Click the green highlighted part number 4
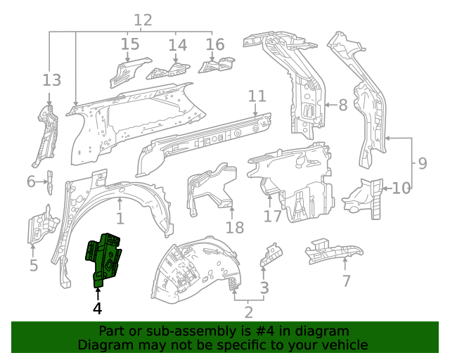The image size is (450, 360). pyautogui.click(x=103, y=257)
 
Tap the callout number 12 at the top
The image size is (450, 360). pyautogui.click(x=143, y=20)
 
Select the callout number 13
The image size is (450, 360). pyautogui.click(x=51, y=79)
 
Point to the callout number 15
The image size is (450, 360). pyautogui.click(x=129, y=45)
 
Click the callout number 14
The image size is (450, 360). pyautogui.click(x=177, y=45)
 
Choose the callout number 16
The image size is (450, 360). pyautogui.click(x=215, y=45)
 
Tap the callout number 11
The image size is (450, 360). pyautogui.click(x=257, y=96)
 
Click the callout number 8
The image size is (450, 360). pyautogui.click(x=343, y=105)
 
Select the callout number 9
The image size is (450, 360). pyautogui.click(x=422, y=164)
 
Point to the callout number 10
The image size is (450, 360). pyautogui.click(x=401, y=188)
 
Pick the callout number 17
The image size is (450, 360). pyautogui.click(x=272, y=217)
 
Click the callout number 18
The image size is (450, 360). pyautogui.click(x=234, y=227)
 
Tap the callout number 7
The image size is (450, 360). pyautogui.click(x=346, y=281)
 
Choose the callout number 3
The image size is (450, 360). pyautogui.click(x=264, y=287)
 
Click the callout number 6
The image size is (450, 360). pyautogui.click(x=31, y=182)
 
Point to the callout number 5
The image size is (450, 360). pyautogui.click(x=33, y=265)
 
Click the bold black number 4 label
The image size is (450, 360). pyautogui.click(x=97, y=307)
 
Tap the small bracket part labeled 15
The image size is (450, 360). pyautogui.click(x=129, y=68)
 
